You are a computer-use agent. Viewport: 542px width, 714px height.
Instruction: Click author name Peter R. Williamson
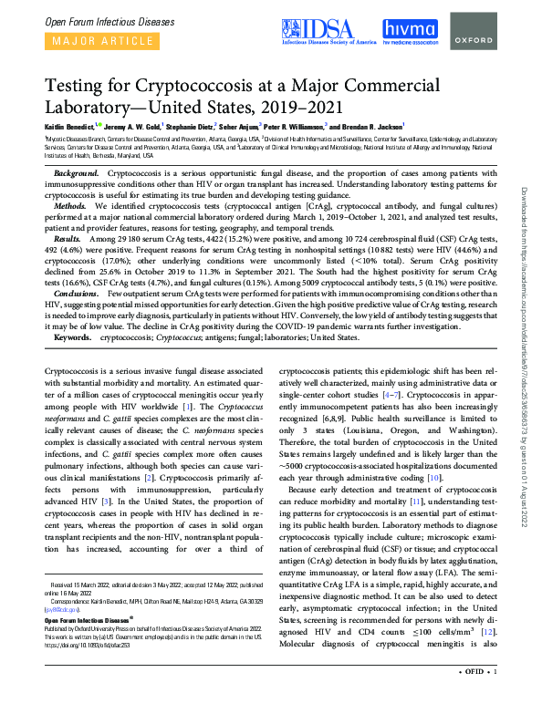coord(294,127)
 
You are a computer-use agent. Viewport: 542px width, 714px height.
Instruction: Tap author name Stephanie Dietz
coord(187,127)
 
